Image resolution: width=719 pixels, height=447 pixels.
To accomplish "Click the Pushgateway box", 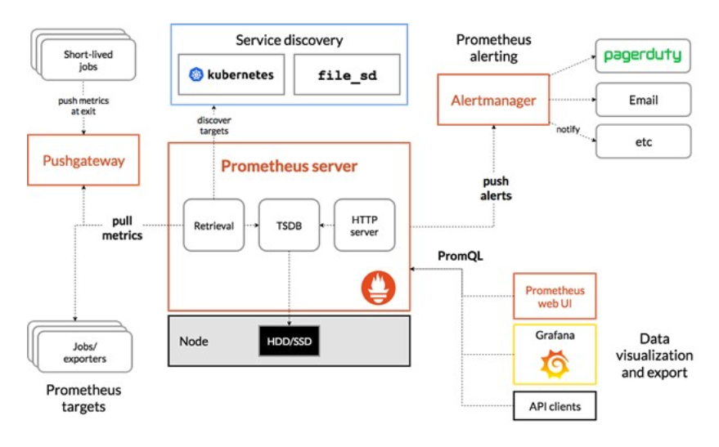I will click(83, 160).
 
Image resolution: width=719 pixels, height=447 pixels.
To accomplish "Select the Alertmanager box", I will click(493, 101).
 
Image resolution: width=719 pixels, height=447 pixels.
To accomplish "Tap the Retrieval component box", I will click(213, 224).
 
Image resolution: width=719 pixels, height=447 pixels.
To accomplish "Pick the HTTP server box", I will click(365, 224).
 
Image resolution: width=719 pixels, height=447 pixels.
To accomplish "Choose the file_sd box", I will click(347, 75).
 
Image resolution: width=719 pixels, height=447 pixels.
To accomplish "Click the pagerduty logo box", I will click(642, 56).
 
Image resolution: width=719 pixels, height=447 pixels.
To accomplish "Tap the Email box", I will click(642, 100).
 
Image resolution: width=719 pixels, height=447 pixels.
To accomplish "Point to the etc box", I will click(642, 142).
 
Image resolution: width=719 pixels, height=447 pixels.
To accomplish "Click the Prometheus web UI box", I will click(555, 296).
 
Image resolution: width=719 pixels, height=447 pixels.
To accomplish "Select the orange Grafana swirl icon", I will click(555, 364).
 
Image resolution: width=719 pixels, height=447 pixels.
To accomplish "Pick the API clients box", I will click(555, 405).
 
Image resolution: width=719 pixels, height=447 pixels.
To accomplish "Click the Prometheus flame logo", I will click(378, 287).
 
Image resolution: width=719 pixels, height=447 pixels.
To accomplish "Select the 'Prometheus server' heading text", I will click(289, 167).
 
